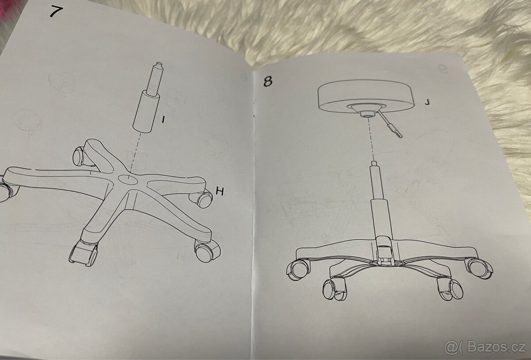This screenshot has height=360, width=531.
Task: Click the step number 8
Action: tap(268, 81)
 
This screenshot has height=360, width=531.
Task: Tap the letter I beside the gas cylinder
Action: tap(163, 120)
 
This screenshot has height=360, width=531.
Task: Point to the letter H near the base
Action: tap(220, 191)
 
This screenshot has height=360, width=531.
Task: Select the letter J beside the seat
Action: tap(427, 102)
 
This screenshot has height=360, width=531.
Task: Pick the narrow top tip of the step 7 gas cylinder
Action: tap(158, 65)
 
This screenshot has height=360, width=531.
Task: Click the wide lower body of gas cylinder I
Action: tap(146, 112)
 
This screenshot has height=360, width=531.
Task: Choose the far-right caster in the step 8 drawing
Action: tap(479, 268)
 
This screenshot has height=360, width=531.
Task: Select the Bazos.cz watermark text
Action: tap(496, 348)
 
